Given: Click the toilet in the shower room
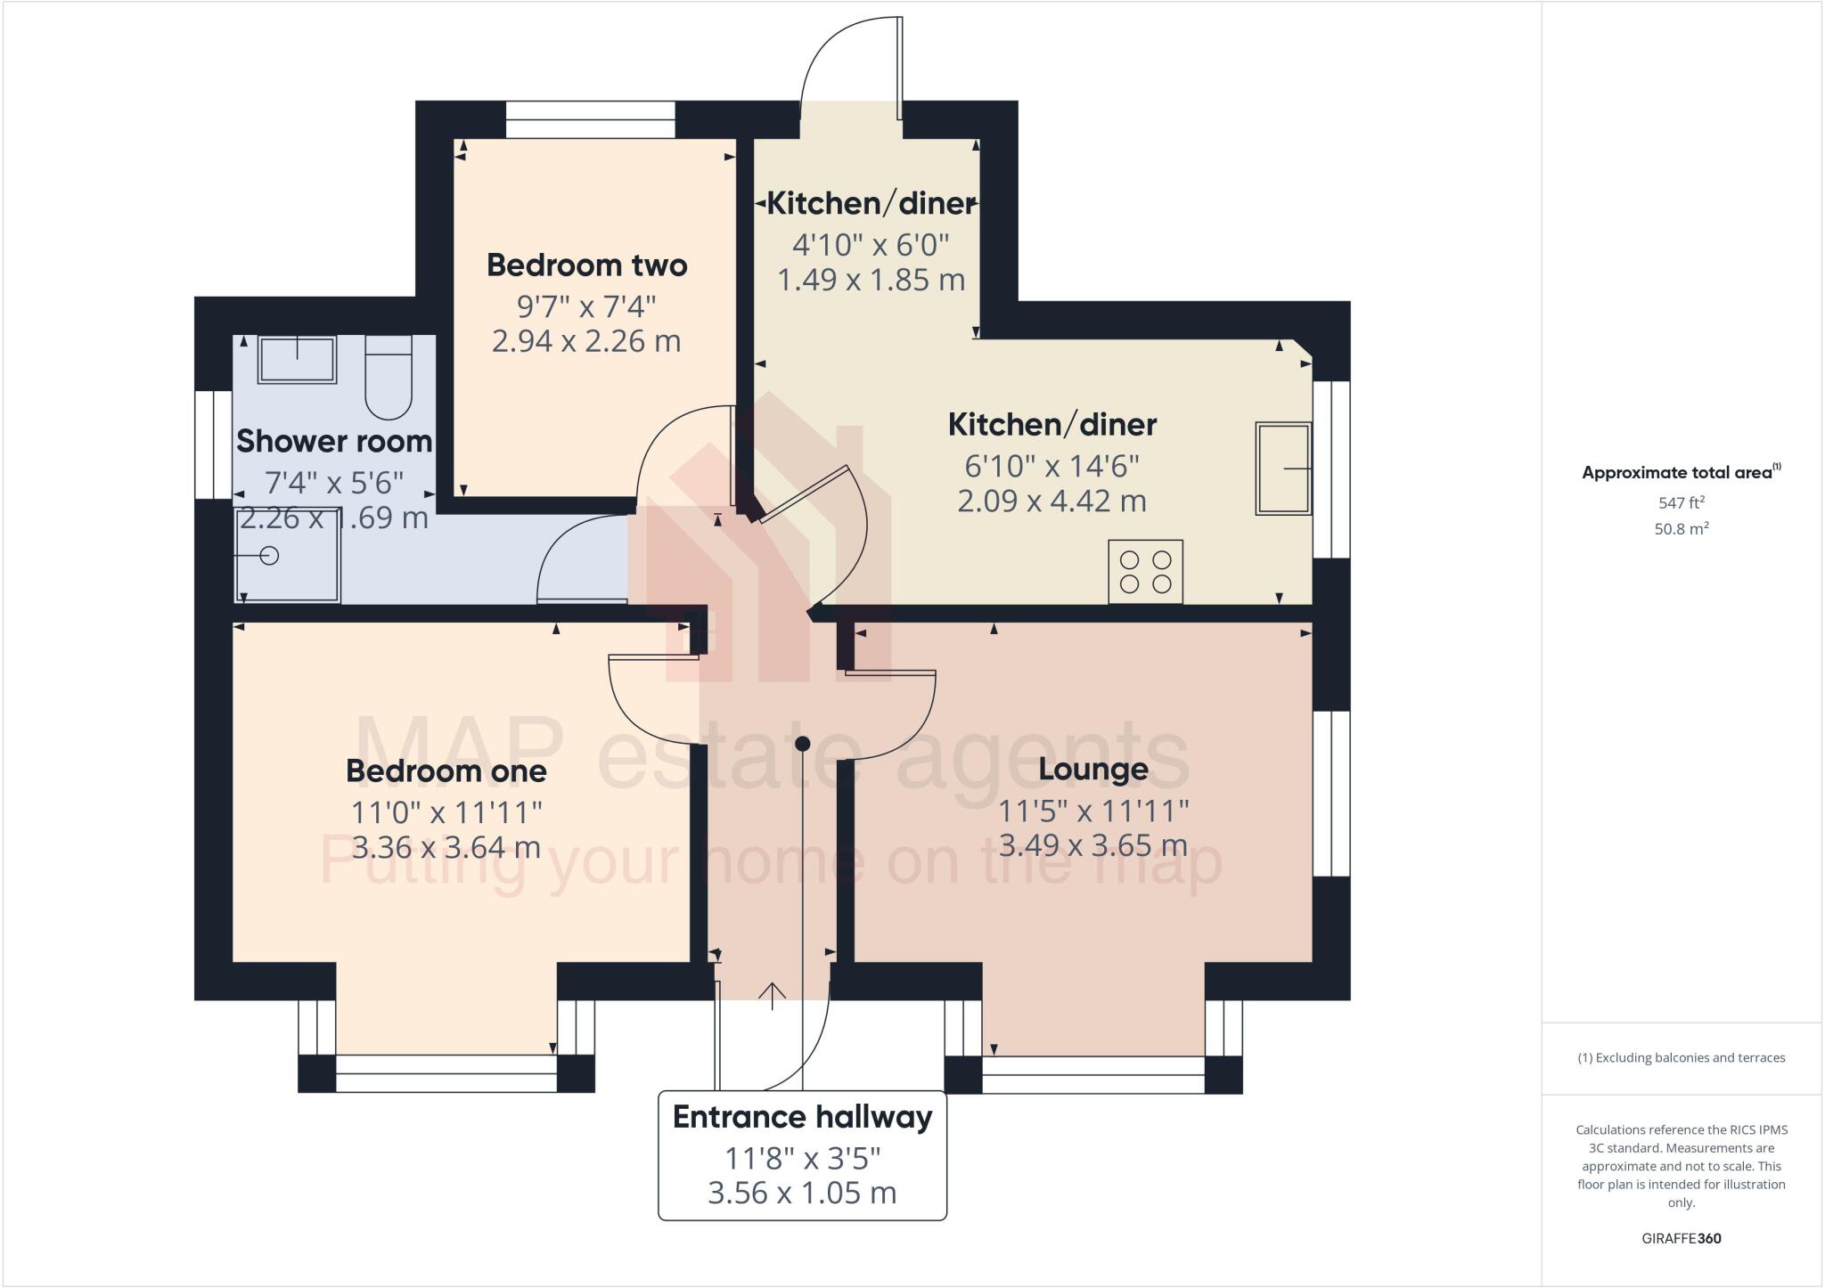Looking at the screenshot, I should (x=389, y=378).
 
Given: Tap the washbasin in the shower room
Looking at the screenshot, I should (x=297, y=360).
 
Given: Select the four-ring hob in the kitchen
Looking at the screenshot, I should (x=1146, y=572).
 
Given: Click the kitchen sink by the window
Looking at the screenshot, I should (x=1283, y=469).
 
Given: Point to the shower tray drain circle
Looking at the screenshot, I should (x=270, y=556).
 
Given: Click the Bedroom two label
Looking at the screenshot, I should (x=586, y=265).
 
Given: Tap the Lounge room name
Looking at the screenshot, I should (x=1093, y=769).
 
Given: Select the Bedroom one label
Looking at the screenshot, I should (x=446, y=771).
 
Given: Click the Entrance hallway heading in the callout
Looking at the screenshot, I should (x=802, y=1117).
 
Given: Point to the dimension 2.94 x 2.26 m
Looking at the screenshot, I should (x=586, y=342).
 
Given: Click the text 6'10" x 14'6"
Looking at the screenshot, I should (x=1052, y=465).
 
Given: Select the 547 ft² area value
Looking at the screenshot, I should (x=1681, y=502).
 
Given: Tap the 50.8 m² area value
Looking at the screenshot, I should (x=1681, y=529).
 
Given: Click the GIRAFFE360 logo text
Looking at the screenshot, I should (x=1681, y=1239).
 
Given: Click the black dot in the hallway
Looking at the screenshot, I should (x=803, y=744).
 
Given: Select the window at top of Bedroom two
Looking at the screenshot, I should (x=590, y=120).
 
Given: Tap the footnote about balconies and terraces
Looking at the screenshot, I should (x=1681, y=1058).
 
